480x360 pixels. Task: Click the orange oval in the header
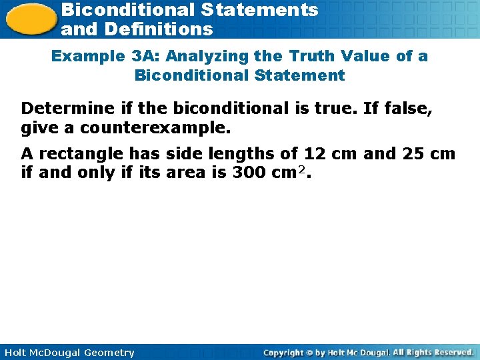tap(29, 19)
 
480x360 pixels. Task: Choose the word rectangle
tap(81, 154)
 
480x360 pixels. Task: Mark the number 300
tap(246, 173)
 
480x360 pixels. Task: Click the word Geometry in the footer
tap(109, 353)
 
